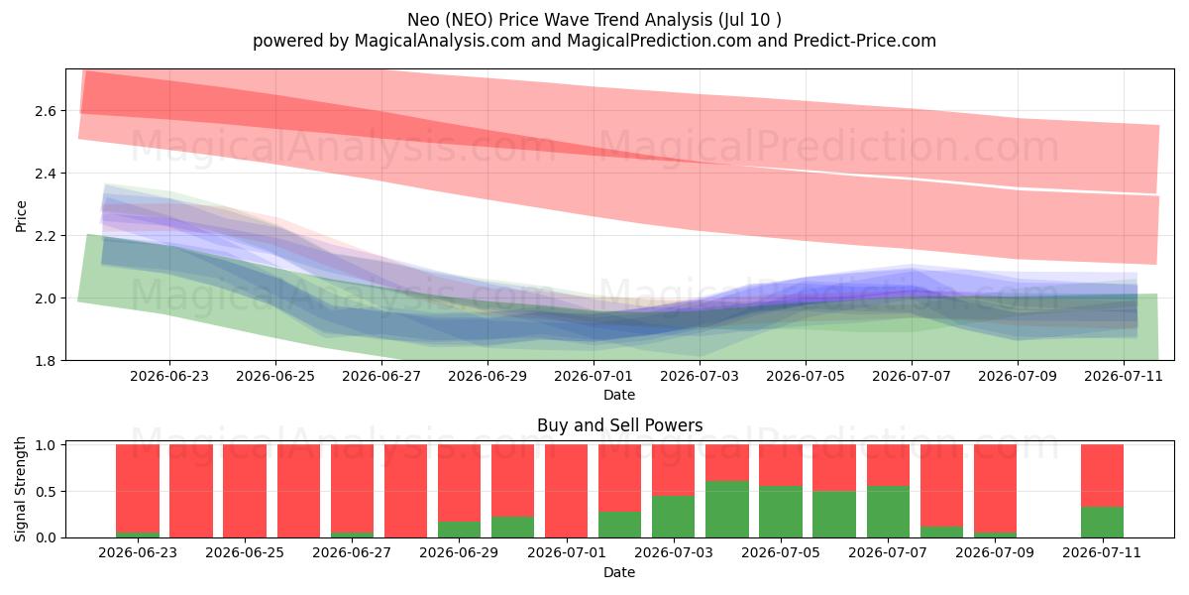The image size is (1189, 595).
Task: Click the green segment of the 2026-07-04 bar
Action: coord(727,509)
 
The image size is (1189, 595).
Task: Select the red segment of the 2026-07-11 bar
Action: coord(1102,475)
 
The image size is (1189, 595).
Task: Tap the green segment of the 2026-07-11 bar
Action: coord(1102,523)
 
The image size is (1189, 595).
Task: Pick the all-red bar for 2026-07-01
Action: coord(567,491)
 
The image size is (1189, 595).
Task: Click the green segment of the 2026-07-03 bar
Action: coord(674,517)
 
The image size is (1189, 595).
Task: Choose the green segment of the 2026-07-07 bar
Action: coord(888,512)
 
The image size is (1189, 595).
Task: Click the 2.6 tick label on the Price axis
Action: coord(46,111)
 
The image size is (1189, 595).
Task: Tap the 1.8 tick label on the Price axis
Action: coord(46,361)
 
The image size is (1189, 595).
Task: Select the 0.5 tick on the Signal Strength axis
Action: coord(46,492)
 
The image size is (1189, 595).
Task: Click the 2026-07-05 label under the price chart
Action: coord(806,376)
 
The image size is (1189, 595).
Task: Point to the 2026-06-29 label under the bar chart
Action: coord(459,553)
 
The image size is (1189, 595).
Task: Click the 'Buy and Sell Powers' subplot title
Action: coord(619,425)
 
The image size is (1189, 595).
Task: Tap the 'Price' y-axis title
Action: coord(21,216)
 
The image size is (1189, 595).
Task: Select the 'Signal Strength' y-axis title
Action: coord(20,489)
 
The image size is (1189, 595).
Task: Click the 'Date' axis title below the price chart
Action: coord(619,395)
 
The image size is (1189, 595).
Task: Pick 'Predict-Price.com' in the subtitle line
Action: coord(865,41)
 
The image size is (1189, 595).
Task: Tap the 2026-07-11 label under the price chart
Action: coord(1124,376)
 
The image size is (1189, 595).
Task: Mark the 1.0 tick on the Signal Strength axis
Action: coord(46,445)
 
